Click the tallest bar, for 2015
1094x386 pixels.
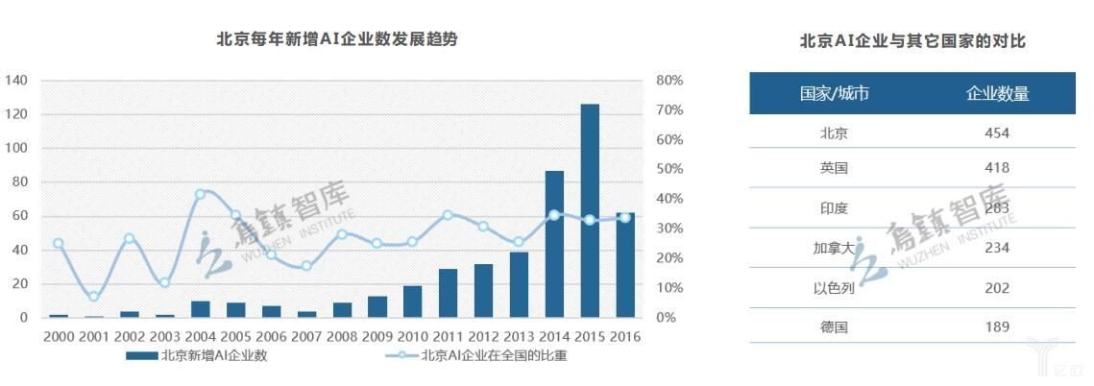[590, 210]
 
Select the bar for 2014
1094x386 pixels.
[554, 244]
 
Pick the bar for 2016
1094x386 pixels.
[625, 265]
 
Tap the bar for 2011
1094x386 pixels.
[448, 293]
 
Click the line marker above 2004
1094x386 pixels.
[200, 194]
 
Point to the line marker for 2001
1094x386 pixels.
[93, 297]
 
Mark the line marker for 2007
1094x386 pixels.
[306, 266]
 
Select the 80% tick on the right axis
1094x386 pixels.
[669, 81]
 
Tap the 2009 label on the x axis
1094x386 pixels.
[377, 336]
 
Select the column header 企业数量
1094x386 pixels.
[997, 93]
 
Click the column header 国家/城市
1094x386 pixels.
[834, 93]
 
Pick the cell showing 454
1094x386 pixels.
[997, 133]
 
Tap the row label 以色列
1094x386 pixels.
[834, 288]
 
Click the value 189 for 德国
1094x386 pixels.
[997, 326]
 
